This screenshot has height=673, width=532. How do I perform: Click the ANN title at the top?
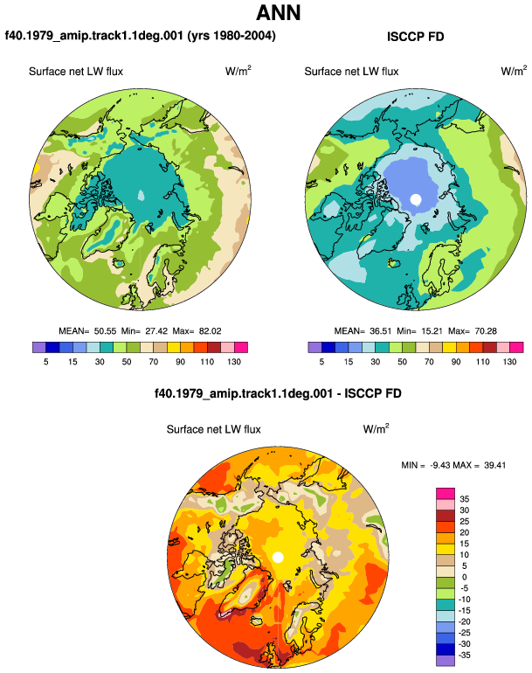coord(279,12)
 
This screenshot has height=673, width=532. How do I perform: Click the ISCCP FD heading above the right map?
coord(415,37)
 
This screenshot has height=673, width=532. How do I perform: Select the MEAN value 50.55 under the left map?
coord(105,331)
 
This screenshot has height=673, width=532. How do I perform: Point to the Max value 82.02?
coord(211,331)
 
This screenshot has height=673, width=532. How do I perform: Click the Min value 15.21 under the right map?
coord(432,331)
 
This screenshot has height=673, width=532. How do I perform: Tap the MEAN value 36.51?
coord(381,331)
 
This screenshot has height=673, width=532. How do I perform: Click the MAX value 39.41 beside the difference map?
coord(494,465)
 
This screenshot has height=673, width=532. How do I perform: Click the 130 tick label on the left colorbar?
coord(234,362)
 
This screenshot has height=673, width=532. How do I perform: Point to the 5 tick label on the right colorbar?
coord(321,362)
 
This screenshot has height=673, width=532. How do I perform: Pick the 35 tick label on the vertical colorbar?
coord(464,499)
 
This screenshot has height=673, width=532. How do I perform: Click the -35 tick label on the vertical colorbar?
coord(464,656)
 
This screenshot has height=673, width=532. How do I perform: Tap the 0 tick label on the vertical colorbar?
coord(464,577)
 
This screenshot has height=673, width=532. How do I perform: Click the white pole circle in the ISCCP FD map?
coord(415,199)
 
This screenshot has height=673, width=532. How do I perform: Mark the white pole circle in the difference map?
coord(278,558)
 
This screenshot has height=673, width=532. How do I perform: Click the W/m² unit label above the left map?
coord(238,71)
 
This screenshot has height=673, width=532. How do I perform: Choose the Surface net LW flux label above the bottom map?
coord(214,429)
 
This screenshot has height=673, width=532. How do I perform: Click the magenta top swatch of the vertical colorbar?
coord(446,494)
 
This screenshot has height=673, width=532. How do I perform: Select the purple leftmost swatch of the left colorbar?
coord(39,347)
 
